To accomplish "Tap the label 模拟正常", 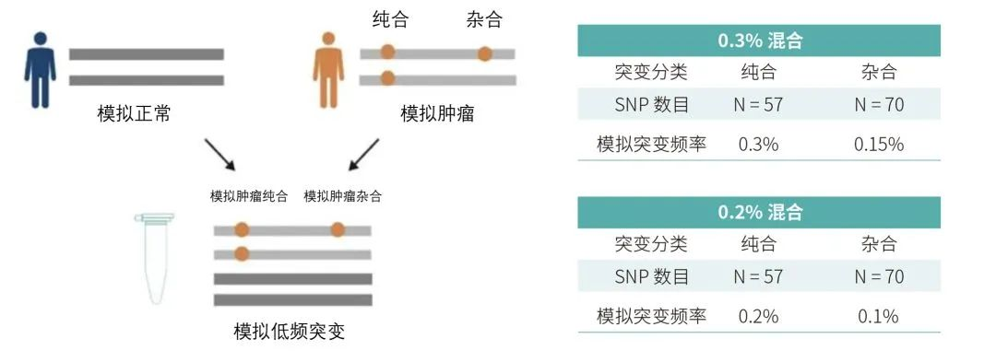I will click(134, 114).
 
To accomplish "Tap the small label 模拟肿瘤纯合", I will click(249, 196).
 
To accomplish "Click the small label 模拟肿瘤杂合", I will click(342, 196).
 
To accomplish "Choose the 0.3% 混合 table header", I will click(759, 41).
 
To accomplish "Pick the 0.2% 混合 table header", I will click(759, 213).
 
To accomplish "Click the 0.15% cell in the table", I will click(878, 144).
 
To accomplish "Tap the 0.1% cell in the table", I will click(878, 316).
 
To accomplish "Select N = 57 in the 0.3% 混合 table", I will click(758, 104).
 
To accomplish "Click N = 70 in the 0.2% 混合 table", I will click(878, 276).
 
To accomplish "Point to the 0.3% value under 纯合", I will click(758, 144).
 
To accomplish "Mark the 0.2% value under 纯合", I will click(758, 316).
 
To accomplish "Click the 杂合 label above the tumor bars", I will click(485, 20).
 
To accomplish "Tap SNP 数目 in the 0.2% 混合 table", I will click(651, 276).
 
